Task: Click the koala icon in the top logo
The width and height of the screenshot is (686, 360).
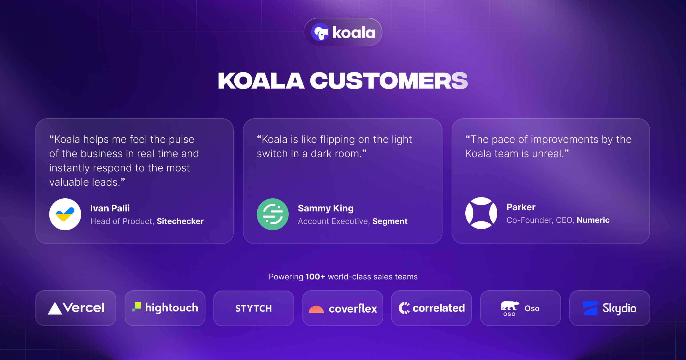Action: coord(320,32)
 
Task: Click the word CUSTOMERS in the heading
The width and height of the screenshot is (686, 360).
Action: coord(389,81)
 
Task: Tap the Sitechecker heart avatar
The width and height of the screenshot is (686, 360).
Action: coord(65,214)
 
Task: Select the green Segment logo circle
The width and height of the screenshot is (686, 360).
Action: coord(273,214)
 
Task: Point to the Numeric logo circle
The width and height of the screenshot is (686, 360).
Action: coord(481,213)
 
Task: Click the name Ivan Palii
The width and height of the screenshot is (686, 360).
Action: coord(110,208)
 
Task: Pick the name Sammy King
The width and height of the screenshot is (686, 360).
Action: coord(326,209)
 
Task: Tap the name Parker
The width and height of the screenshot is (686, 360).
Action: coord(521,207)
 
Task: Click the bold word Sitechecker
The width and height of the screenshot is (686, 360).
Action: coord(180,221)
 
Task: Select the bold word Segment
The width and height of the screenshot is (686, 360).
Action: coord(390,221)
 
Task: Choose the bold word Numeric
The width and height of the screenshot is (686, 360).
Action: coord(593,220)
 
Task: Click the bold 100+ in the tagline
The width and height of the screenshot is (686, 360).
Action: coord(315,277)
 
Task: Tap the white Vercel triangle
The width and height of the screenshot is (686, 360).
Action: coord(55,308)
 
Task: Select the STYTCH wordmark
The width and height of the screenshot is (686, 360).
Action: coord(254,309)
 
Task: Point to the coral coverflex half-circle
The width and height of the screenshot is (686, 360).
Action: coord(316,309)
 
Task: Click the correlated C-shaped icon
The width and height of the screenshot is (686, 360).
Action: coord(404,308)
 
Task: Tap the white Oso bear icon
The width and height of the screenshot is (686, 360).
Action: coord(510,306)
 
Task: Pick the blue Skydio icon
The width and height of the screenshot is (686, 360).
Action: coord(591,308)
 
